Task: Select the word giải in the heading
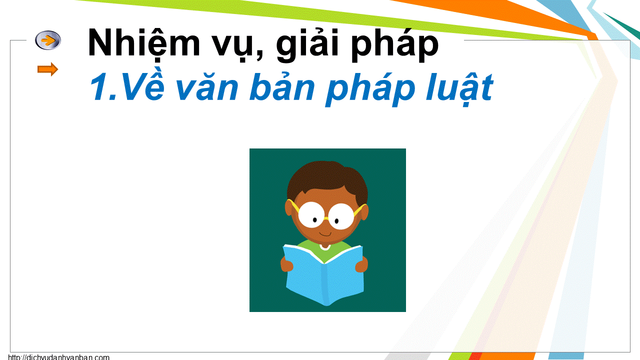(307, 44)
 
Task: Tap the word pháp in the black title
(394, 44)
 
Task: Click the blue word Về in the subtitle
(143, 85)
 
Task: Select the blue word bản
(282, 85)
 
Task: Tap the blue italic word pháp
(370, 88)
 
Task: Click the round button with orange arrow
(48, 40)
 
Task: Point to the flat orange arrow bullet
(47, 69)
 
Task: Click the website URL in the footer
(58, 357)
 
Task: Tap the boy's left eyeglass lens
(311, 215)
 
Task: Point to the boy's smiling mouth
(325, 234)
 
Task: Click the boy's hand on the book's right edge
(361, 264)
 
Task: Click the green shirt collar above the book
(324, 246)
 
